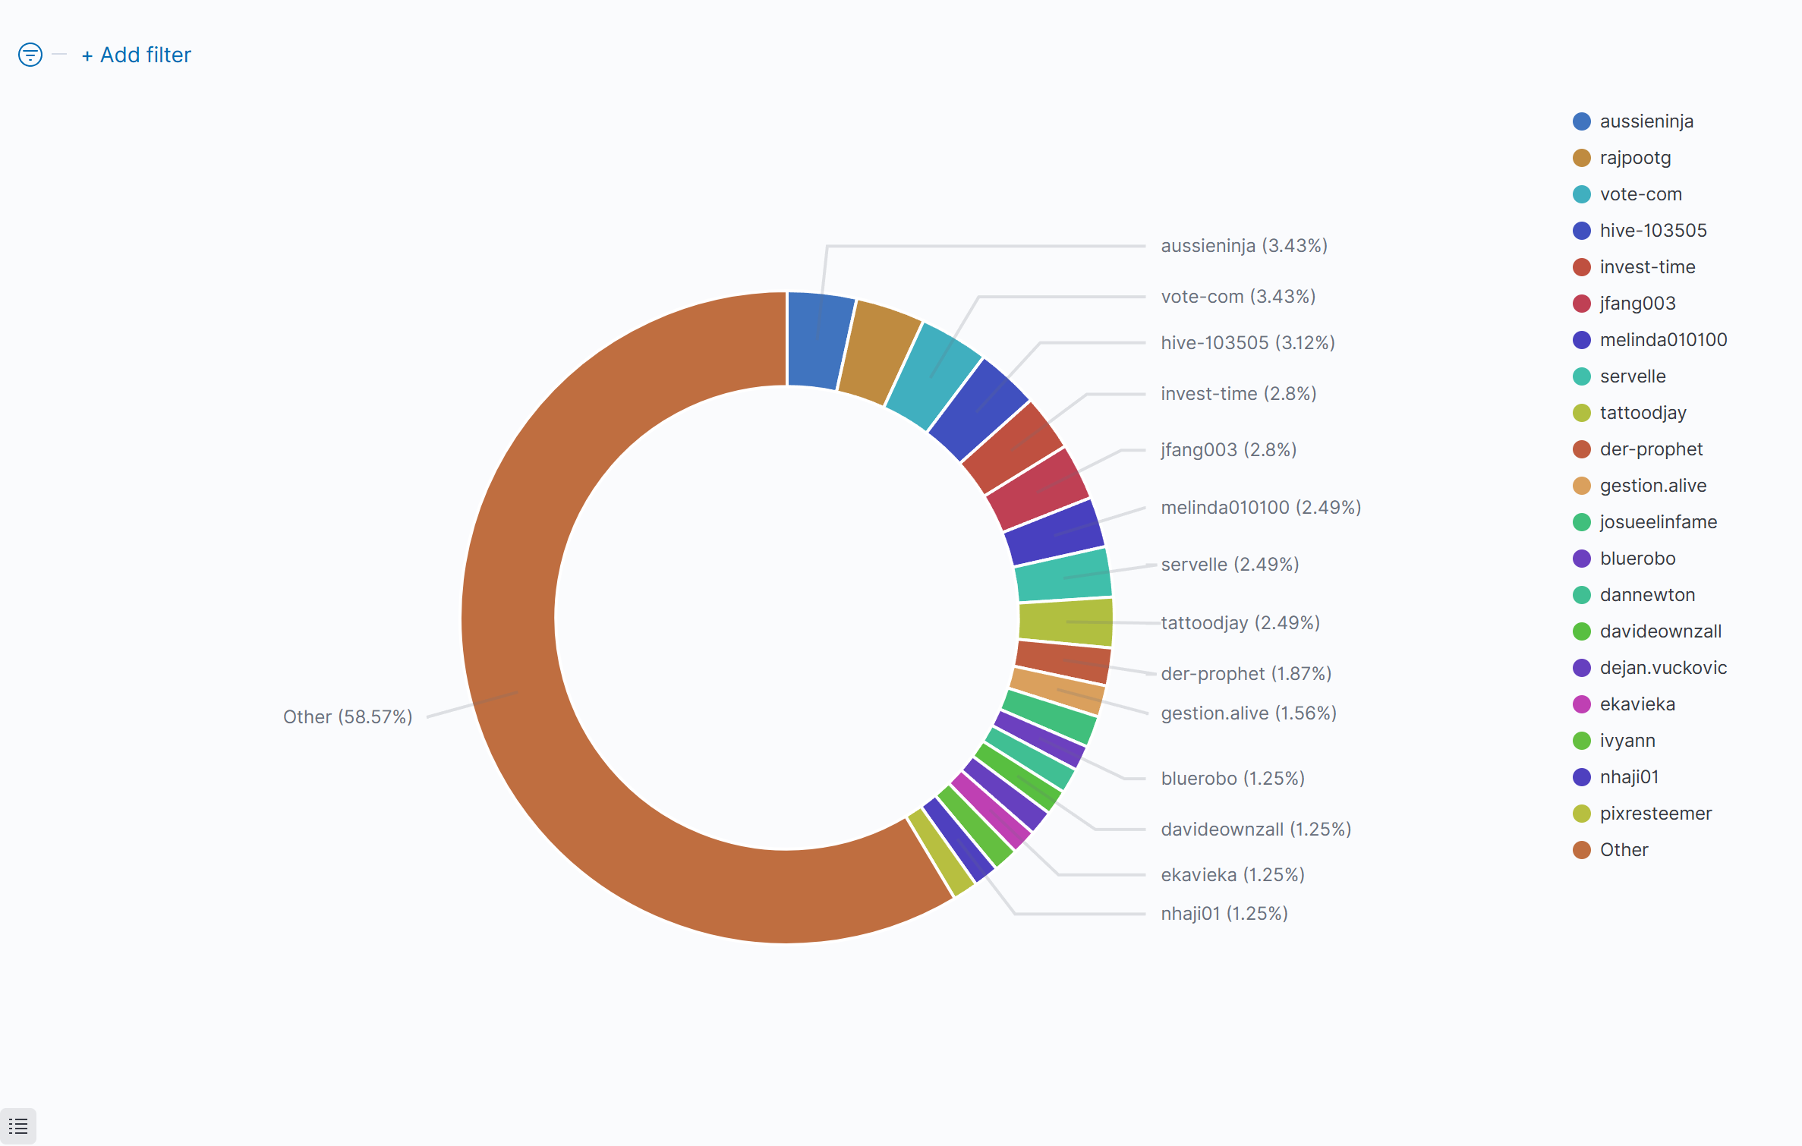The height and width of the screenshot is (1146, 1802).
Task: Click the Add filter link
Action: [x=137, y=55]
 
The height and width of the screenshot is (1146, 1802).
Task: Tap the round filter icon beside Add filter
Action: [x=30, y=55]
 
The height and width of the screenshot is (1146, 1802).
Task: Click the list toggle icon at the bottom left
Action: [x=18, y=1126]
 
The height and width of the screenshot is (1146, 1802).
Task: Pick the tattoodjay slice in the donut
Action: [x=1066, y=622]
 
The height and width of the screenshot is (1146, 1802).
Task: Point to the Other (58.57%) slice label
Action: [x=348, y=717]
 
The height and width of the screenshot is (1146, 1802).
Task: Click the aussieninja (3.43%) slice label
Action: [x=1244, y=246]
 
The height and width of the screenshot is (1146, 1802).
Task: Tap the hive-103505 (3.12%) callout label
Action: [x=1248, y=343]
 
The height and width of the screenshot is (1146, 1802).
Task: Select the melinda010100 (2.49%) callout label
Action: [x=1261, y=508]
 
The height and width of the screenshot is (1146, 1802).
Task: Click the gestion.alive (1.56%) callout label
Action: [x=1249, y=713]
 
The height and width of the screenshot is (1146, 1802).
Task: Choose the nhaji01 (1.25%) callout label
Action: [x=1224, y=914]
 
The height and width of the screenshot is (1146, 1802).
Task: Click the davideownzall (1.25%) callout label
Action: [x=1256, y=830]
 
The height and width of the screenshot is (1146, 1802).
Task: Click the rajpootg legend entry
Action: [x=1635, y=158]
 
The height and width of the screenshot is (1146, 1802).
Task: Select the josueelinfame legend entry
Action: [x=1658, y=522]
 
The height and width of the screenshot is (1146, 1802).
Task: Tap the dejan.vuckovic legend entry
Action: [x=1663, y=668]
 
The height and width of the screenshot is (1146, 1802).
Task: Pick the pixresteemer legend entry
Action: [x=1656, y=814]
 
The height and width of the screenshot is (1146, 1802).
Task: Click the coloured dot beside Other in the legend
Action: [x=1582, y=850]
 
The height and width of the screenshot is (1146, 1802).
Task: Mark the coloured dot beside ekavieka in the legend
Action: [x=1582, y=704]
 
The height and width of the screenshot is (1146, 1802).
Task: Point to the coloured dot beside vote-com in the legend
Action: [x=1582, y=194]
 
